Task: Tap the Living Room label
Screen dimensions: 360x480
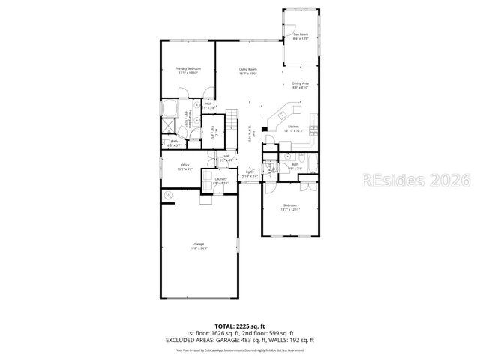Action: click(248, 71)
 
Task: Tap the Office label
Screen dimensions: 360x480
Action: click(184, 166)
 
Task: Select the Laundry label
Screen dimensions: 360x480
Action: click(220, 181)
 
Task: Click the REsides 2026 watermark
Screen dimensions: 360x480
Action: click(417, 180)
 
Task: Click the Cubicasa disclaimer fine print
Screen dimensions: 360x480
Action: click(240, 349)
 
